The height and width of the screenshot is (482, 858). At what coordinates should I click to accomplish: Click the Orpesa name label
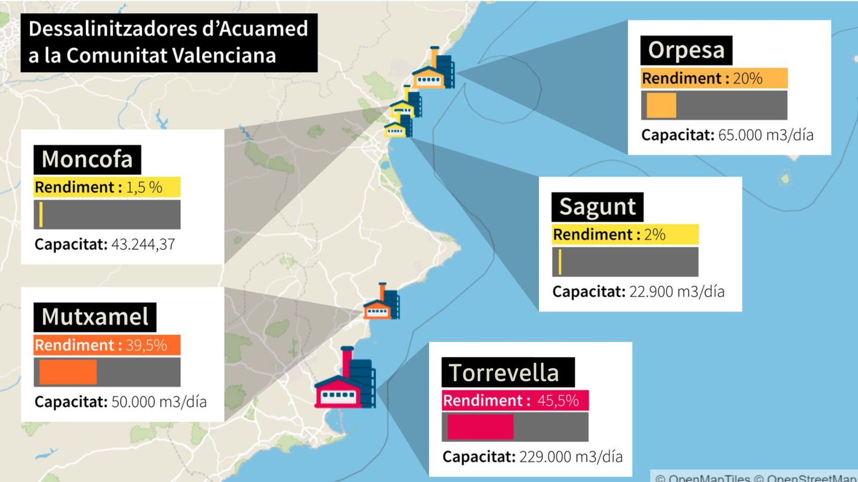click(x=686, y=50)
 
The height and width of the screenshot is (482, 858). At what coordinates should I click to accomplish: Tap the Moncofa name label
click(x=87, y=160)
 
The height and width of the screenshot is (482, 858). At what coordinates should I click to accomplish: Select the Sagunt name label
click(x=597, y=207)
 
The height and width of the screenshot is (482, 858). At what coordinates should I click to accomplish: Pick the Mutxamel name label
click(x=95, y=317)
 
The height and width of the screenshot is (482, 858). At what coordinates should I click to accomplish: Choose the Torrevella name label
click(x=504, y=373)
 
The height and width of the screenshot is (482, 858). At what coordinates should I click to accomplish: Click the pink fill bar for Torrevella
click(x=480, y=427)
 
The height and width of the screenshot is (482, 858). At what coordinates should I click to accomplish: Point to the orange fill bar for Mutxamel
click(x=68, y=372)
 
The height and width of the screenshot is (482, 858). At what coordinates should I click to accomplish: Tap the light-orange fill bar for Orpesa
click(x=661, y=106)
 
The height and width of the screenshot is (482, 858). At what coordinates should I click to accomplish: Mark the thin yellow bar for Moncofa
click(x=41, y=214)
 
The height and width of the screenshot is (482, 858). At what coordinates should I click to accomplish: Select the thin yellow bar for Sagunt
click(x=559, y=262)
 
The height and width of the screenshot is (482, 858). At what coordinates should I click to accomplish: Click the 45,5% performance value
click(x=558, y=401)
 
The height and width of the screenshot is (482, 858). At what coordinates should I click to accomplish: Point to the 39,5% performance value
click(x=146, y=345)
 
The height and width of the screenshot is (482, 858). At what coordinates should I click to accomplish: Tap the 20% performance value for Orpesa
click(x=748, y=79)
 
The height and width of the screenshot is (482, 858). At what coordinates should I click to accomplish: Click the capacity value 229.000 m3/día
click(x=571, y=457)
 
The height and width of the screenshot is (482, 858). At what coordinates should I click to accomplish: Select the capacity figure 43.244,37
click(x=143, y=245)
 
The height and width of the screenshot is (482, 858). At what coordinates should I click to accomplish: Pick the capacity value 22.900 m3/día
click(x=676, y=292)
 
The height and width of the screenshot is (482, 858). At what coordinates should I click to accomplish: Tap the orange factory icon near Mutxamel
click(x=381, y=303)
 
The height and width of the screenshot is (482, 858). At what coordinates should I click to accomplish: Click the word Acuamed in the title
click(x=263, y=29)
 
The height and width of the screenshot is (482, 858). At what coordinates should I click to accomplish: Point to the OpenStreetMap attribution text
click(x=811, y=478)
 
